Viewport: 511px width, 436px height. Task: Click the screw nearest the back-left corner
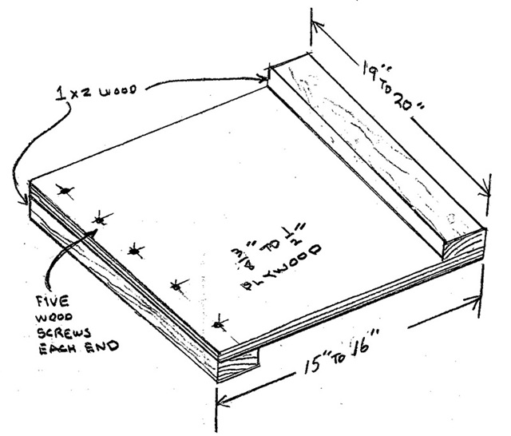click(65, 192)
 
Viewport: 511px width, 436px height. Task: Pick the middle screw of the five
click(136, 251)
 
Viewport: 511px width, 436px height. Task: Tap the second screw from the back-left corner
click(99, 219)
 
